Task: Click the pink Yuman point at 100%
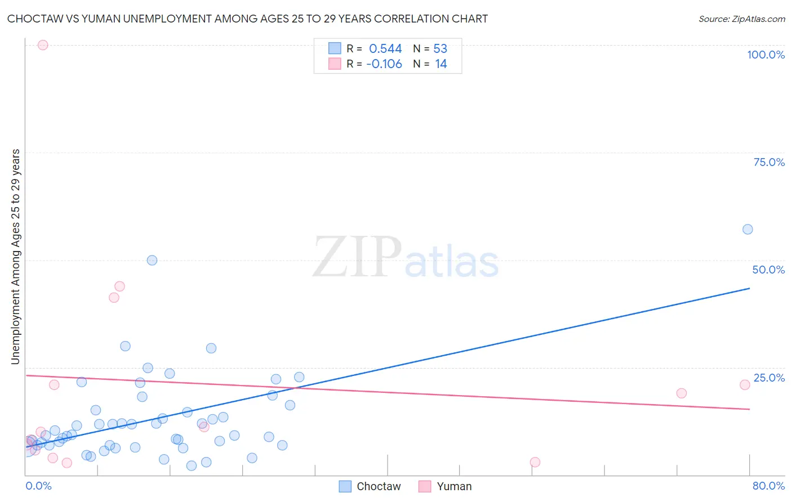coord(43,45)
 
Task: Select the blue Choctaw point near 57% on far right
coord(747,229)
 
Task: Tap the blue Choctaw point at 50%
coord(152,260)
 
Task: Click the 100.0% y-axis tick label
coord(766,55)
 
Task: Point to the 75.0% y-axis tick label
coord(769,162)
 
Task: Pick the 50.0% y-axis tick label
coord(768,270)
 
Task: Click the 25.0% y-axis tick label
coord(769,378)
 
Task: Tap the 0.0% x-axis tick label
coord(38,486)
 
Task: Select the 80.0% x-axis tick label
coord(768,486)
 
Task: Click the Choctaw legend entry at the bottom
coord(370,486)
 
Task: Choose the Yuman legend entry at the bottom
coord(445,486)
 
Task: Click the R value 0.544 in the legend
coord(385,49)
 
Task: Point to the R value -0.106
coord(384,64)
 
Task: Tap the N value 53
coord(440,49)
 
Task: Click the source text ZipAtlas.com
coord(741,19)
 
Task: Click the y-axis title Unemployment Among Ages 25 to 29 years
coord(16,257)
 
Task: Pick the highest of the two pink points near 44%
coord(119,286)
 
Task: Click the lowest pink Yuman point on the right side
coord(535,462)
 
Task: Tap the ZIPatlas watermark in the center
coord(406,257)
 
